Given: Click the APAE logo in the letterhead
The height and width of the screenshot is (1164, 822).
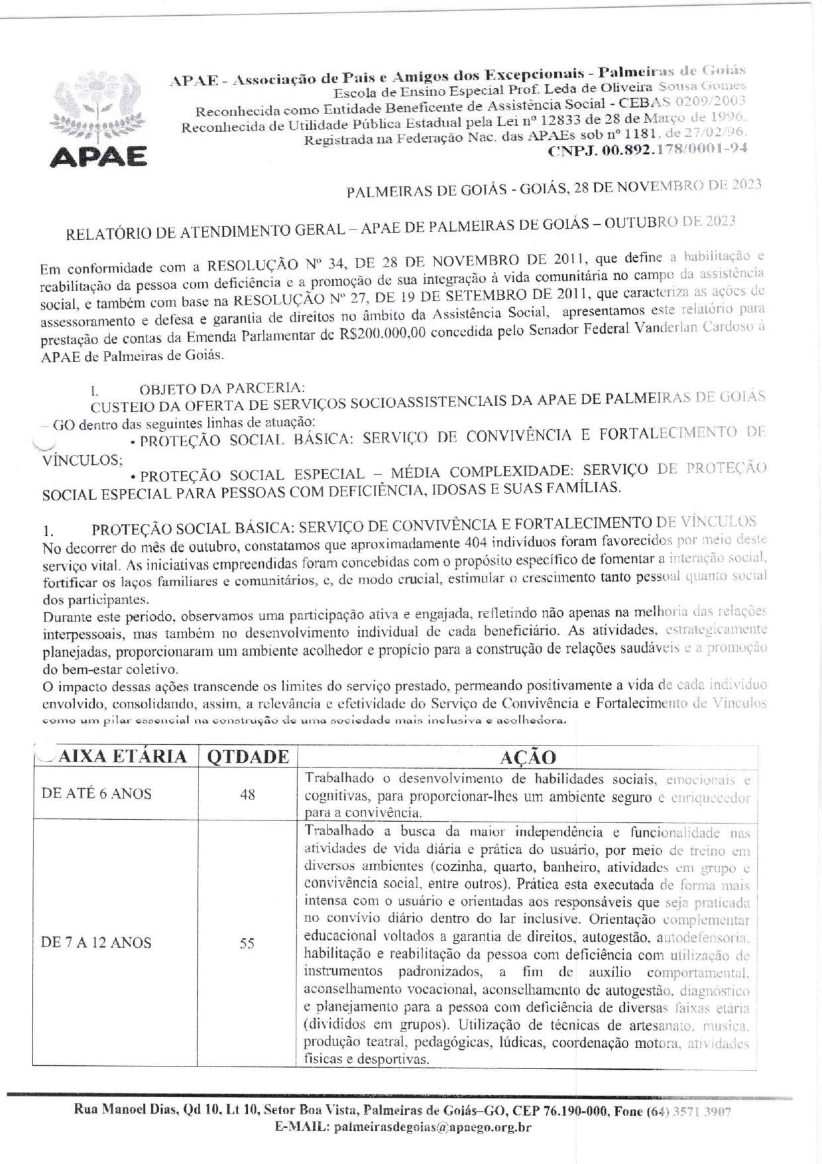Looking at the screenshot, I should (x=99, y=123).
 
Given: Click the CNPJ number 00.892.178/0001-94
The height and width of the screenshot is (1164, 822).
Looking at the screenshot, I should (x=647, y=150).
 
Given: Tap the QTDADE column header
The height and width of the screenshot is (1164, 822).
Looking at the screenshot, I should (x=248, y=757).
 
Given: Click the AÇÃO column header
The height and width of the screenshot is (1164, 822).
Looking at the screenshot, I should (x=528, y=757).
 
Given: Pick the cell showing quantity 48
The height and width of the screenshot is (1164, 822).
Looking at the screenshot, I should (x=247, y=794).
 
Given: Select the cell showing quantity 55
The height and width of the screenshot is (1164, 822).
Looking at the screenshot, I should (x=247, y=942).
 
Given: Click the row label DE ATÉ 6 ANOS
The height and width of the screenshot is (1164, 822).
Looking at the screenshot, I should (x=96, y=794).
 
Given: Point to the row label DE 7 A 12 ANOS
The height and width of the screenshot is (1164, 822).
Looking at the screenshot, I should (x=96, y=942).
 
